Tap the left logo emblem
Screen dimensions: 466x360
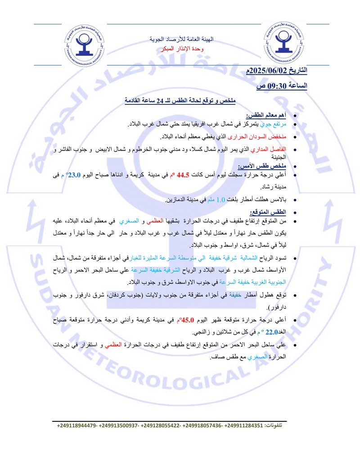point(83,45)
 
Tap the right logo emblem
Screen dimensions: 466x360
point(285,45)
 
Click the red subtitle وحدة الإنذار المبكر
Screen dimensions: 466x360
point(182,48)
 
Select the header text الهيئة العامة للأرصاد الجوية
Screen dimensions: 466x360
point(182,40)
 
